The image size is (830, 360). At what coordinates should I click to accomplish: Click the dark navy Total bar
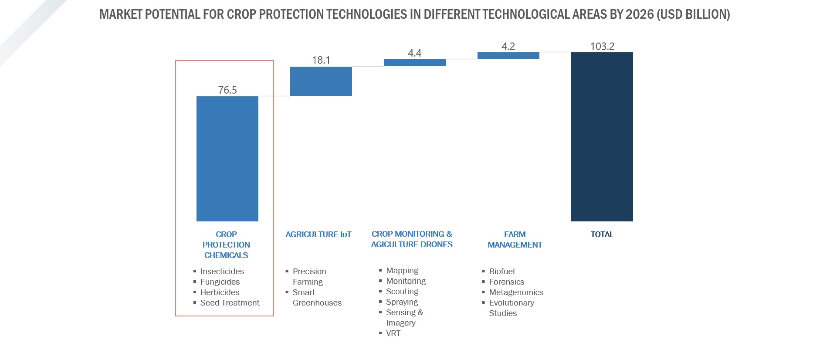[x=602, y=136]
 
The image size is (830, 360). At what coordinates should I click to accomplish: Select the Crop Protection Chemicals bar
[x=227, y=159]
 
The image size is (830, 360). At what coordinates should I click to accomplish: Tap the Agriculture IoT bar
[x=321, y=81]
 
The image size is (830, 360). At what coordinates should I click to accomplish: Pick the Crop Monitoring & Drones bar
[x=414, y=63]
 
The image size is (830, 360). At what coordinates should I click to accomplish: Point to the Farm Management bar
[x=508, y=55]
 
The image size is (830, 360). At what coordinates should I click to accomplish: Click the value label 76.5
[x=227, y=90]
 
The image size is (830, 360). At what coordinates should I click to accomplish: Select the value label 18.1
[x=321, y=60]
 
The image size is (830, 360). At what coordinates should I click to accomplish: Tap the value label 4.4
[x=414, y=53]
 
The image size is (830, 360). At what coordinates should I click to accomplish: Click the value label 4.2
[x=508, y=46]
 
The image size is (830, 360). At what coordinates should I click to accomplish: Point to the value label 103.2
[x=602, y=46]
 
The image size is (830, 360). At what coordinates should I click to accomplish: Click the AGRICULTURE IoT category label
[x=318, y=234]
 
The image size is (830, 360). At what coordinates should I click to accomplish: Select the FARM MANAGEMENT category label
[x=515, y=240]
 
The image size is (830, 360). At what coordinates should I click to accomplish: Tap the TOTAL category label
[x=602, y=234]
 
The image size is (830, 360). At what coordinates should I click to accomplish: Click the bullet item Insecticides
[x=222, y=272]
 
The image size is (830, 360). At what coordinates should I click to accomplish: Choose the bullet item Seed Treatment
[x=230, y=303]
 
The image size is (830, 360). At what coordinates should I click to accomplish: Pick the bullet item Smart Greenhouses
[x=317, y=298]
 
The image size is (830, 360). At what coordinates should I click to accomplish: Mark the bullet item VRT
[x=393, y=333]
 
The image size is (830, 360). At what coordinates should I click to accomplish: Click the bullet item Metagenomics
[x=516, y=292]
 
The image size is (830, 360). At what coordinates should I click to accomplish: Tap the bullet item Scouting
[x=402, y=292]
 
